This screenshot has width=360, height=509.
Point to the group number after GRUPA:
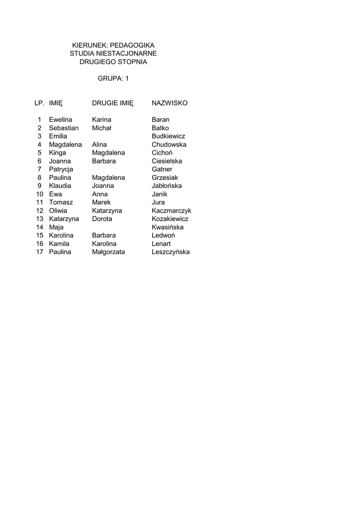[127, 79]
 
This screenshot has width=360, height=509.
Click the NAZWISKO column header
[170, 103]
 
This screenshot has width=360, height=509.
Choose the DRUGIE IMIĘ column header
[113, 103]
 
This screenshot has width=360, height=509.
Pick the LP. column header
[40, 103]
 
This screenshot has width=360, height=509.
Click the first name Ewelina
[61, 120]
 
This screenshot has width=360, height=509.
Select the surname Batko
[160, 128]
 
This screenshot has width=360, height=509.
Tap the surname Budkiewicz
[169, 136]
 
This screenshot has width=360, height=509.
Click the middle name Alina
[99, 145]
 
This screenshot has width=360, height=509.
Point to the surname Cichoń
[162, 153]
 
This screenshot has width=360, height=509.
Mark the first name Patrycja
[61, 170]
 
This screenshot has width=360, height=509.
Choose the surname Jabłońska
[167, 186]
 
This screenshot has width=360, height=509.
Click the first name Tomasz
[61, 202]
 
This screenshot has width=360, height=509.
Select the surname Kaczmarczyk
[172, 211]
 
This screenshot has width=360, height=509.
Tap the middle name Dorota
[102, 219]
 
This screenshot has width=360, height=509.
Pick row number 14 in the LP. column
[40, 227]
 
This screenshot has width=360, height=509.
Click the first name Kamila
[59, 244]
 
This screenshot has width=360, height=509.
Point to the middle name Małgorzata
[108, 252]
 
